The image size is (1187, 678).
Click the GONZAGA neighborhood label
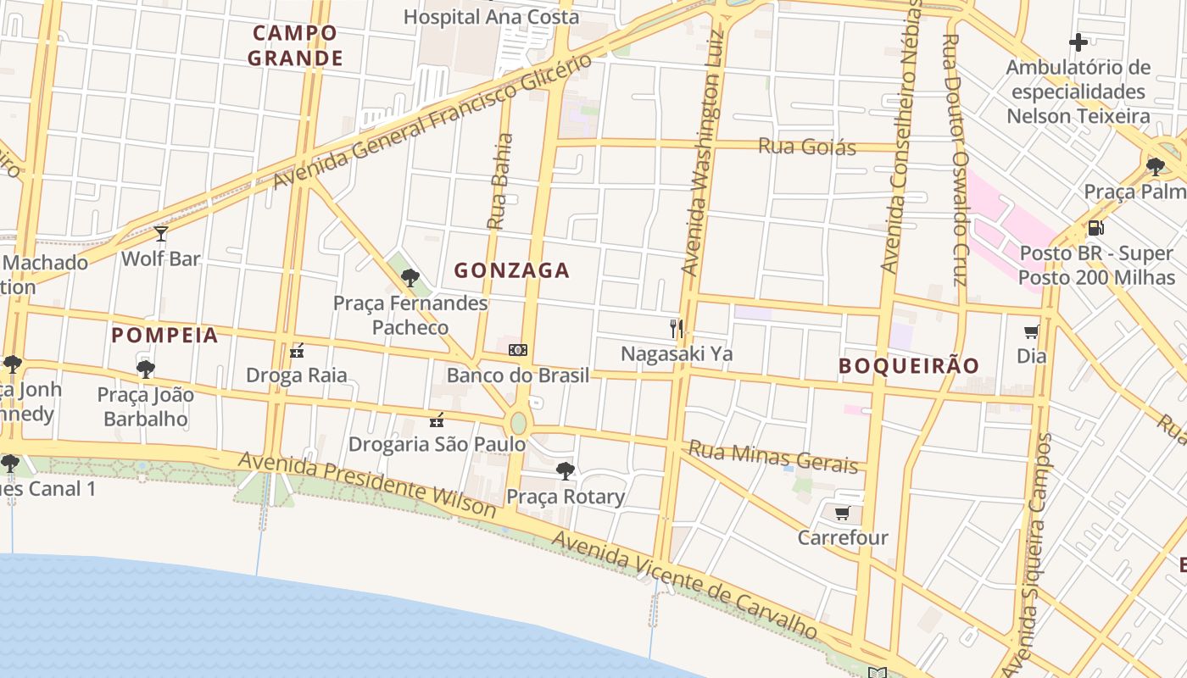pos(511,271)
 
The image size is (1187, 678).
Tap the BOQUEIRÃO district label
pos(909,366)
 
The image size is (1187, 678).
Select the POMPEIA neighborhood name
pos(164,336)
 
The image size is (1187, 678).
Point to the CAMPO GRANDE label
pos(295,46)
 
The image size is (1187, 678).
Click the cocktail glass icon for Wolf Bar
pos(160,233)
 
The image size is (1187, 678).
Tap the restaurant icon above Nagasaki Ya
pos(676,328)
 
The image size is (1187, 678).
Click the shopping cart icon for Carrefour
pos(842,513)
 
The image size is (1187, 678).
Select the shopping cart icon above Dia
pos(1031,331)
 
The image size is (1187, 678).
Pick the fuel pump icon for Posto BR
pos(1095,228)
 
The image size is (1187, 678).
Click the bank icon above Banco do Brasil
pos(517,350)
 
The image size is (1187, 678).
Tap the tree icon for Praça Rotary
pos(565,471)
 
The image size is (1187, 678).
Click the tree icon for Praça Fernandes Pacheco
pos(410,277)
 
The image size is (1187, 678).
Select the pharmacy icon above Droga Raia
pos(296,350)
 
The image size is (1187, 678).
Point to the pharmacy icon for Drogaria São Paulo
pos(437,420)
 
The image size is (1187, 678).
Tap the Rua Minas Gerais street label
pos(773,456)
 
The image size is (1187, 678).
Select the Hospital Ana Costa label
pos(491,16)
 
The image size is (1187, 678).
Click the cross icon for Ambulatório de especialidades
pos(1078,42)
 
